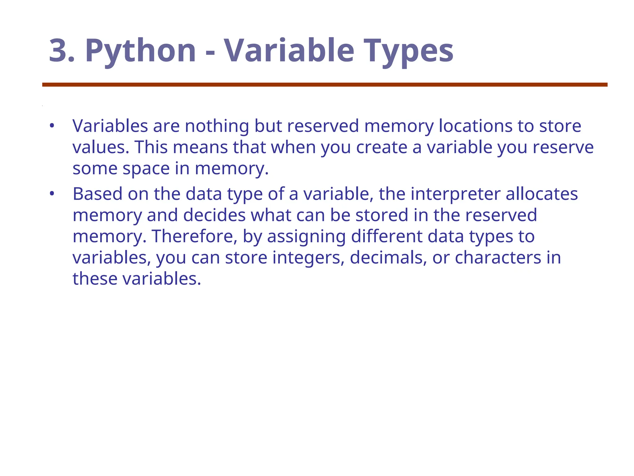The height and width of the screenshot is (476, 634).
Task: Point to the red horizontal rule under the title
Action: (325, 85)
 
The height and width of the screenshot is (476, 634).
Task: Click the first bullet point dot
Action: (52, 126)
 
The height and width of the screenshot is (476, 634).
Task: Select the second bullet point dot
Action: (52, 194)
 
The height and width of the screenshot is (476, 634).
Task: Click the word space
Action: (146, 169)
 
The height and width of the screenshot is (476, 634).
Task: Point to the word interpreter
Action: (455, 194)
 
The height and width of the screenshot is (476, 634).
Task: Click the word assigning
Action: (306, 237)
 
